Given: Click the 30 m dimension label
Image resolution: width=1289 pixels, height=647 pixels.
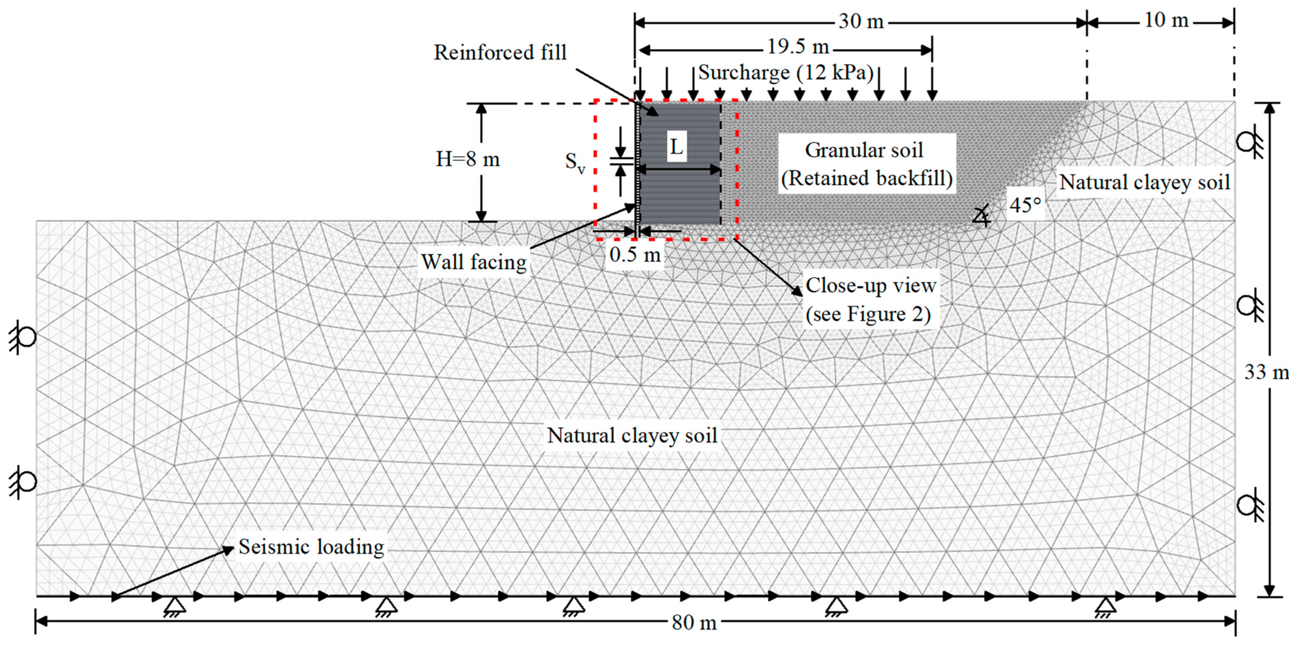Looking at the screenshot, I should [x=861, y=21].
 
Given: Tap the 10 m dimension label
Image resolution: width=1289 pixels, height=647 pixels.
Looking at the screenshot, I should [x=1166, y=20].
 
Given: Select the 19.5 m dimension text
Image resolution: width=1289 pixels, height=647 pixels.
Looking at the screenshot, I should [x=798, y=47].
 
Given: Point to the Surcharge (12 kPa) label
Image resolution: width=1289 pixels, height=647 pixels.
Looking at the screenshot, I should [x=785, y=73].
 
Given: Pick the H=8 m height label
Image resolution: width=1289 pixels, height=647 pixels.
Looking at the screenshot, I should [x=467, y=159].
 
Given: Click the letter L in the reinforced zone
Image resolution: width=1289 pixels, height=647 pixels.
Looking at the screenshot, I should [x=676, y=147].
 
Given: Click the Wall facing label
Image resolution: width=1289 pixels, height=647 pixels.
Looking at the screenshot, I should [x=474, y=262].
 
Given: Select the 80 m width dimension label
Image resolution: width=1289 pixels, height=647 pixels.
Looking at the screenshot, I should [x=694, y=622].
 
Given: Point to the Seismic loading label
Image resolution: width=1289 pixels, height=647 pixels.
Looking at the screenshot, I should [x=311, y=547].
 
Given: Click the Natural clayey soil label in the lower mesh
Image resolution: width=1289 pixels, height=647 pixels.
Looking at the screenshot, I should [x=632, y=435].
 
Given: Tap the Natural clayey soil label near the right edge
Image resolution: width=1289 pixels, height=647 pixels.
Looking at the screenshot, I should [x=1144, y=182].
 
